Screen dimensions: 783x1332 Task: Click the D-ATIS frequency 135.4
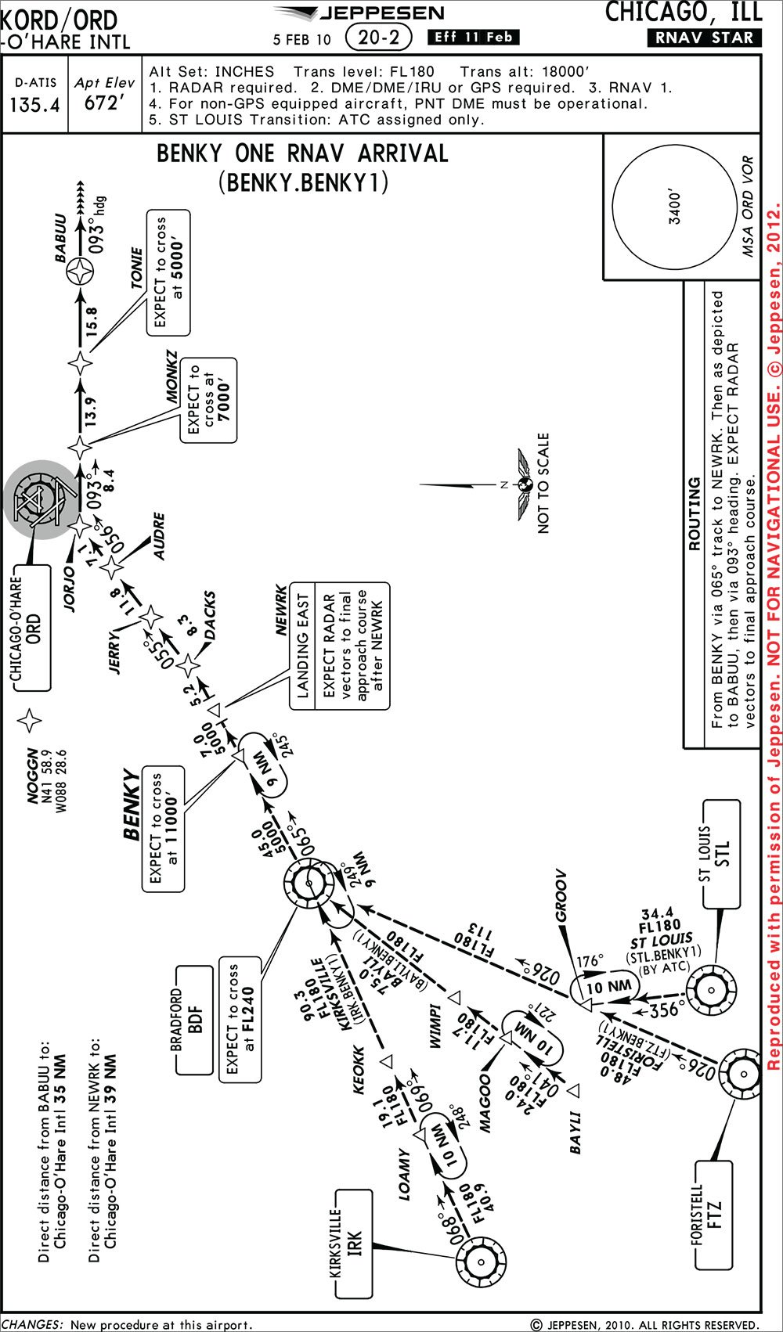coord(35,105)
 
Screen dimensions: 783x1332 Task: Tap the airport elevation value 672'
coord(105,103)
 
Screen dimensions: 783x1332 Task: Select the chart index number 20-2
coord(378,38)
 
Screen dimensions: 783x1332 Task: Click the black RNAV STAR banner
coord(705,38)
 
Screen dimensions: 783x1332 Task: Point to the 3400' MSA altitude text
coord(675,207)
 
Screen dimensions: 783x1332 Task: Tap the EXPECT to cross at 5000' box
coord(168,273)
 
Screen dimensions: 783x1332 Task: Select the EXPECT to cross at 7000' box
coord(208,400)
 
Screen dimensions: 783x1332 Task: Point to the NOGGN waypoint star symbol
coord(29,721)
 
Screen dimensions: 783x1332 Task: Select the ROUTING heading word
coord(695,513)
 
